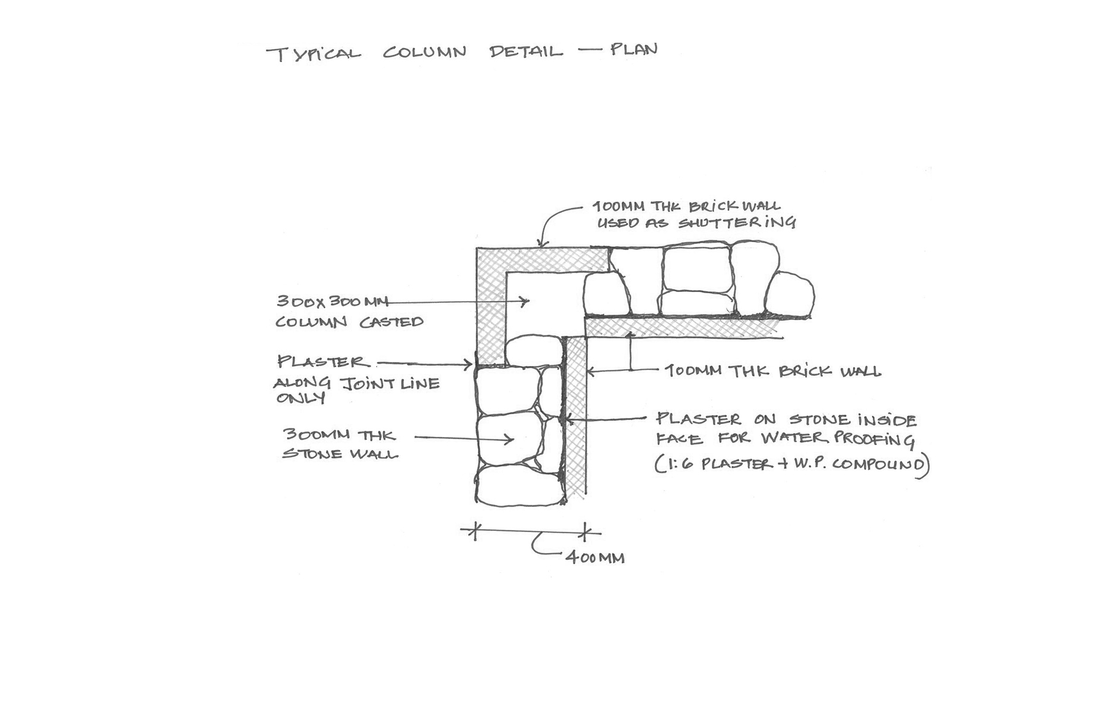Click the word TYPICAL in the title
(x=313, y=54)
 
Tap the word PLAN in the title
(x=634, y=49)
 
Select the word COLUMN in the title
(x=424, y=52)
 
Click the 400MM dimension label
(x=595, y=558)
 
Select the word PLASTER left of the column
(x=322, y=361)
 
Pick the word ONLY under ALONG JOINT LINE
(x=300, y=398)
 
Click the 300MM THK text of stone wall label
(x=339, y=435)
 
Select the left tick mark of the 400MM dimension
(x=474, y=531)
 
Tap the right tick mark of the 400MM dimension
(x=585, y=532)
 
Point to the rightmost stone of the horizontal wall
(x=790, y=294)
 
